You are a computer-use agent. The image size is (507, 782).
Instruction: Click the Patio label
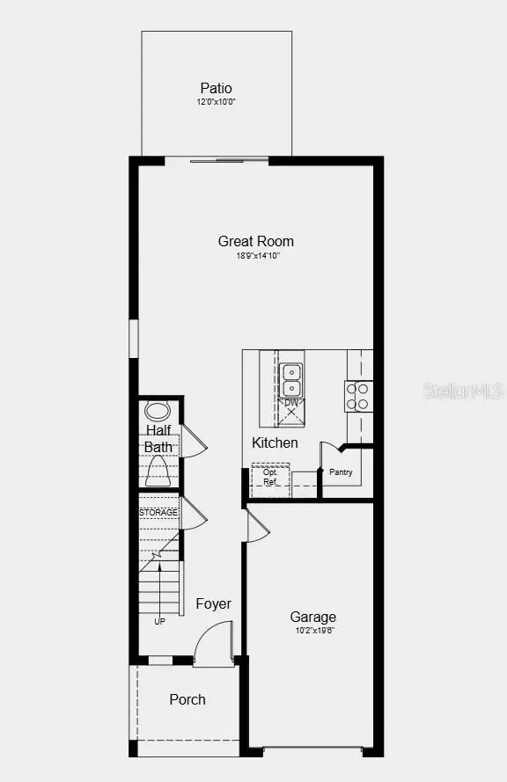click(x=216, y=88)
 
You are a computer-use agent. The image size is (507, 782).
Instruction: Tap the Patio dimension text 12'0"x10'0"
click(x=216, y=103)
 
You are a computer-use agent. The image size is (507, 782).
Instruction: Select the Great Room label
click(x=256, y=241)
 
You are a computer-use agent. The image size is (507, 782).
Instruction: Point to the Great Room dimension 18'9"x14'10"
click(x=256, y=256)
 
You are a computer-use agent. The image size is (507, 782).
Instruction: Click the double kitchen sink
click(x=291, y=379)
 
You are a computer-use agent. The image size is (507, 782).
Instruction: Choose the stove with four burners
click(x=357, y=396)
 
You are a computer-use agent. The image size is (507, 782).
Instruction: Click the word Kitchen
click(x=275, y=442)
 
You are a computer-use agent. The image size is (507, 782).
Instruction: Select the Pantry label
click(x=341, y=472)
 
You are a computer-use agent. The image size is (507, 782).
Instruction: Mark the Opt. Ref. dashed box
click(x=270, y=477)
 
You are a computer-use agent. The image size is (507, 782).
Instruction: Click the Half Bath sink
click(x=158, y=410)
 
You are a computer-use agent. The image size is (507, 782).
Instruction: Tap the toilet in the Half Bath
click(x=158, y=473)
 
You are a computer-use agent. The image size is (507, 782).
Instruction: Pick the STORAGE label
click(x=158, y=512)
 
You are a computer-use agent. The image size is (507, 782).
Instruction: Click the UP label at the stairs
click(x=159, y=622)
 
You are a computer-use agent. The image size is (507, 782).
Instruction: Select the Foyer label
click(x=213, y=603)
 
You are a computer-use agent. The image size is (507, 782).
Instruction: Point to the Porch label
click(x=187, y=699)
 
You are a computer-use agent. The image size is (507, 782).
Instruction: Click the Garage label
click(x=313, y=617)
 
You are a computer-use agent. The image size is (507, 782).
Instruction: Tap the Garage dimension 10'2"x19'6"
click(x=313, y=630)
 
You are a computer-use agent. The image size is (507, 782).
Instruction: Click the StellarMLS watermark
click(x=465, y=390)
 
